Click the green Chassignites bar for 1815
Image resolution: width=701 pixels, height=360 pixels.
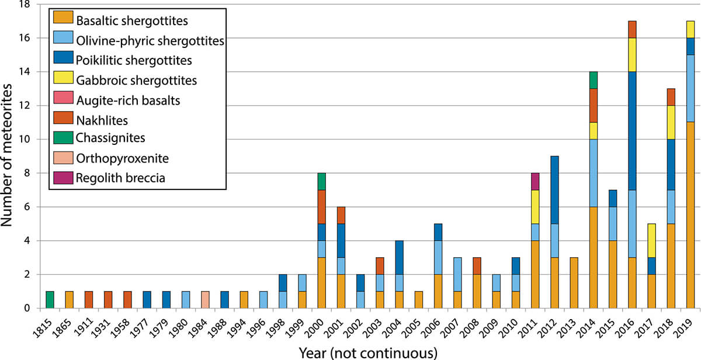[x=50, y=300]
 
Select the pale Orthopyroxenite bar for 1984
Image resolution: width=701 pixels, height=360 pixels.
[x=205, y=300]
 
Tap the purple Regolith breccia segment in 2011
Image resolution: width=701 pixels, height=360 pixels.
[x=535, y=182]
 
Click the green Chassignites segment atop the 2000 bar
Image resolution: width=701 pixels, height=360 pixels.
[x=322, y=182]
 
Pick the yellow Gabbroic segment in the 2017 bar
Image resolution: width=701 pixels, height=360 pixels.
[x=651, y=241]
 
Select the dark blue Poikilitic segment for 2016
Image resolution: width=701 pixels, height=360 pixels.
[x=632, y=131]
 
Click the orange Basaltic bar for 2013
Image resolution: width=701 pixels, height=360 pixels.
[x=574, y=283]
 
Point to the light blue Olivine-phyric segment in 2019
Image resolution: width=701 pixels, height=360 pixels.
[x=690, y=89]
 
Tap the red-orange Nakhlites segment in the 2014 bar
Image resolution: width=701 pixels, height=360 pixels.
[x=594, y=106]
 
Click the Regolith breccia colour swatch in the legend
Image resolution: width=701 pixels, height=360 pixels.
[x=63, y=178]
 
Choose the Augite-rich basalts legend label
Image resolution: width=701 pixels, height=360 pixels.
[x=129, y=101]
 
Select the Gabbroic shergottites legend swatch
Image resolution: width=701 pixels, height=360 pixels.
[x=63, y=77]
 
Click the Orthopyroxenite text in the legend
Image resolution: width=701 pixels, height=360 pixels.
[x=122, y=158]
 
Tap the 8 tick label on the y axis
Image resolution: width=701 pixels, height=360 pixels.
[x=27, y=173]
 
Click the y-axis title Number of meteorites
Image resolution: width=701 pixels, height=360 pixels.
[x=6, y=155]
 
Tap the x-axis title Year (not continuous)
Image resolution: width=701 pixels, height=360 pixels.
[x=368, y=353]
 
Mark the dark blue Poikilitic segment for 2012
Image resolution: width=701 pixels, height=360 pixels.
[x=554, y=190]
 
